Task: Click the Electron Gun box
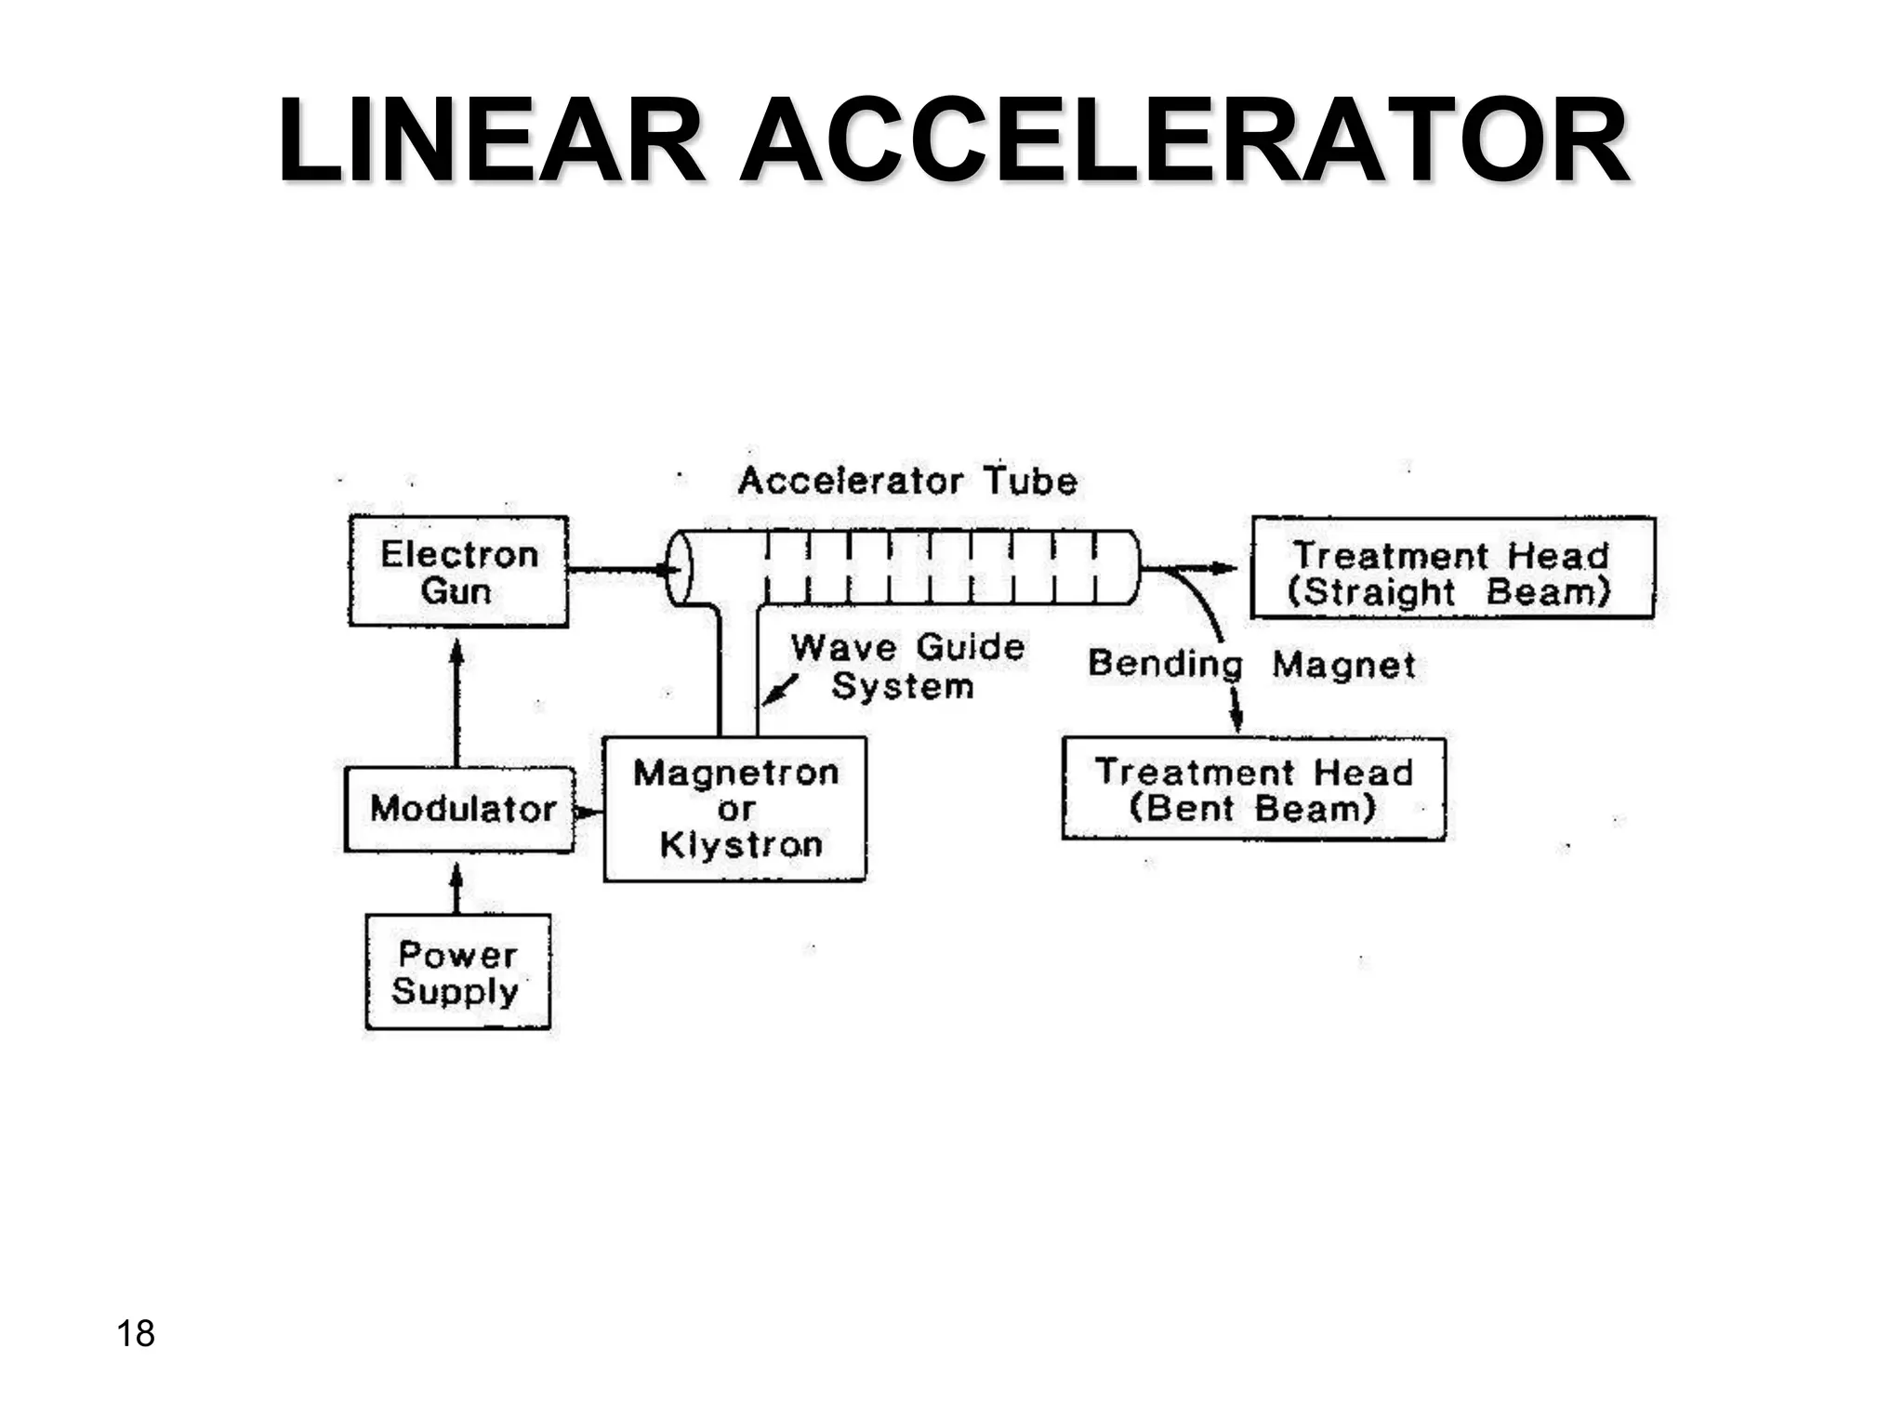pos(458,571)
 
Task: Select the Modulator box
pos(460,809)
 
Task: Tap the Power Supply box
pos(457,972)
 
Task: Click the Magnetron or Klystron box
pos(734,809)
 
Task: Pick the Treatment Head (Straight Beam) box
pos(1452,568)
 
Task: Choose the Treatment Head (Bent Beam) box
pos(1253,789)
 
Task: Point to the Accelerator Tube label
pos(907,482)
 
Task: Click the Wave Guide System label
pos(906,666)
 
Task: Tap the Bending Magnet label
pos(1251,665)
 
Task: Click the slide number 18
pos(136,1333)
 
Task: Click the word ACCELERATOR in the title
pos(1183,142)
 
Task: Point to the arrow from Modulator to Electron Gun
pos(456,697)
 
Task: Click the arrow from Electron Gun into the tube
pos(618,569)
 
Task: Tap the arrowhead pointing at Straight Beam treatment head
pos(1225,568)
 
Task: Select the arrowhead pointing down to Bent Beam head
pos(1236,720)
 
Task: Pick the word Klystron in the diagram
pos(741,845)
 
